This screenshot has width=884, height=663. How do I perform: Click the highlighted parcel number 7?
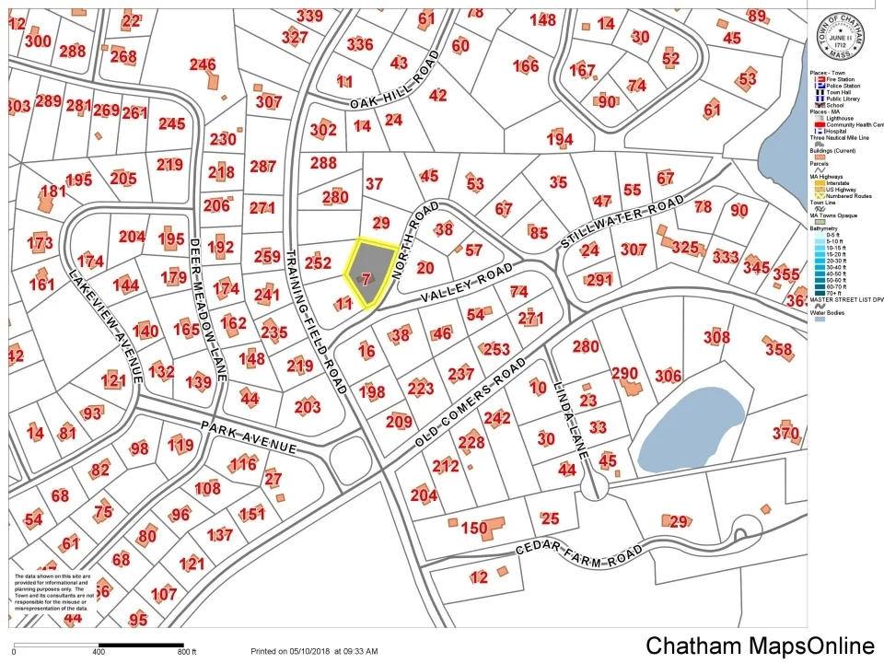click(366, 278)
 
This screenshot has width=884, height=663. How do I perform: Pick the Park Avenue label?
click(249, 437)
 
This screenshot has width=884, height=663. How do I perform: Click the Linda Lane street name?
click(569, 407)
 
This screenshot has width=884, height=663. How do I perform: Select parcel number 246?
click(203, 64)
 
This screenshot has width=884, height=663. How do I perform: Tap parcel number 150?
click(473, 529)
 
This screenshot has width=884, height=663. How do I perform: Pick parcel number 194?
click(559, 139)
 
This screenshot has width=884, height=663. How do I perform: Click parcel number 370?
click(785, 434)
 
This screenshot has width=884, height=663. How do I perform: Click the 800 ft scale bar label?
click(187, 652)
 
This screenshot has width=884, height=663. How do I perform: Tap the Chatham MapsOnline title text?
click(760, 646)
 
